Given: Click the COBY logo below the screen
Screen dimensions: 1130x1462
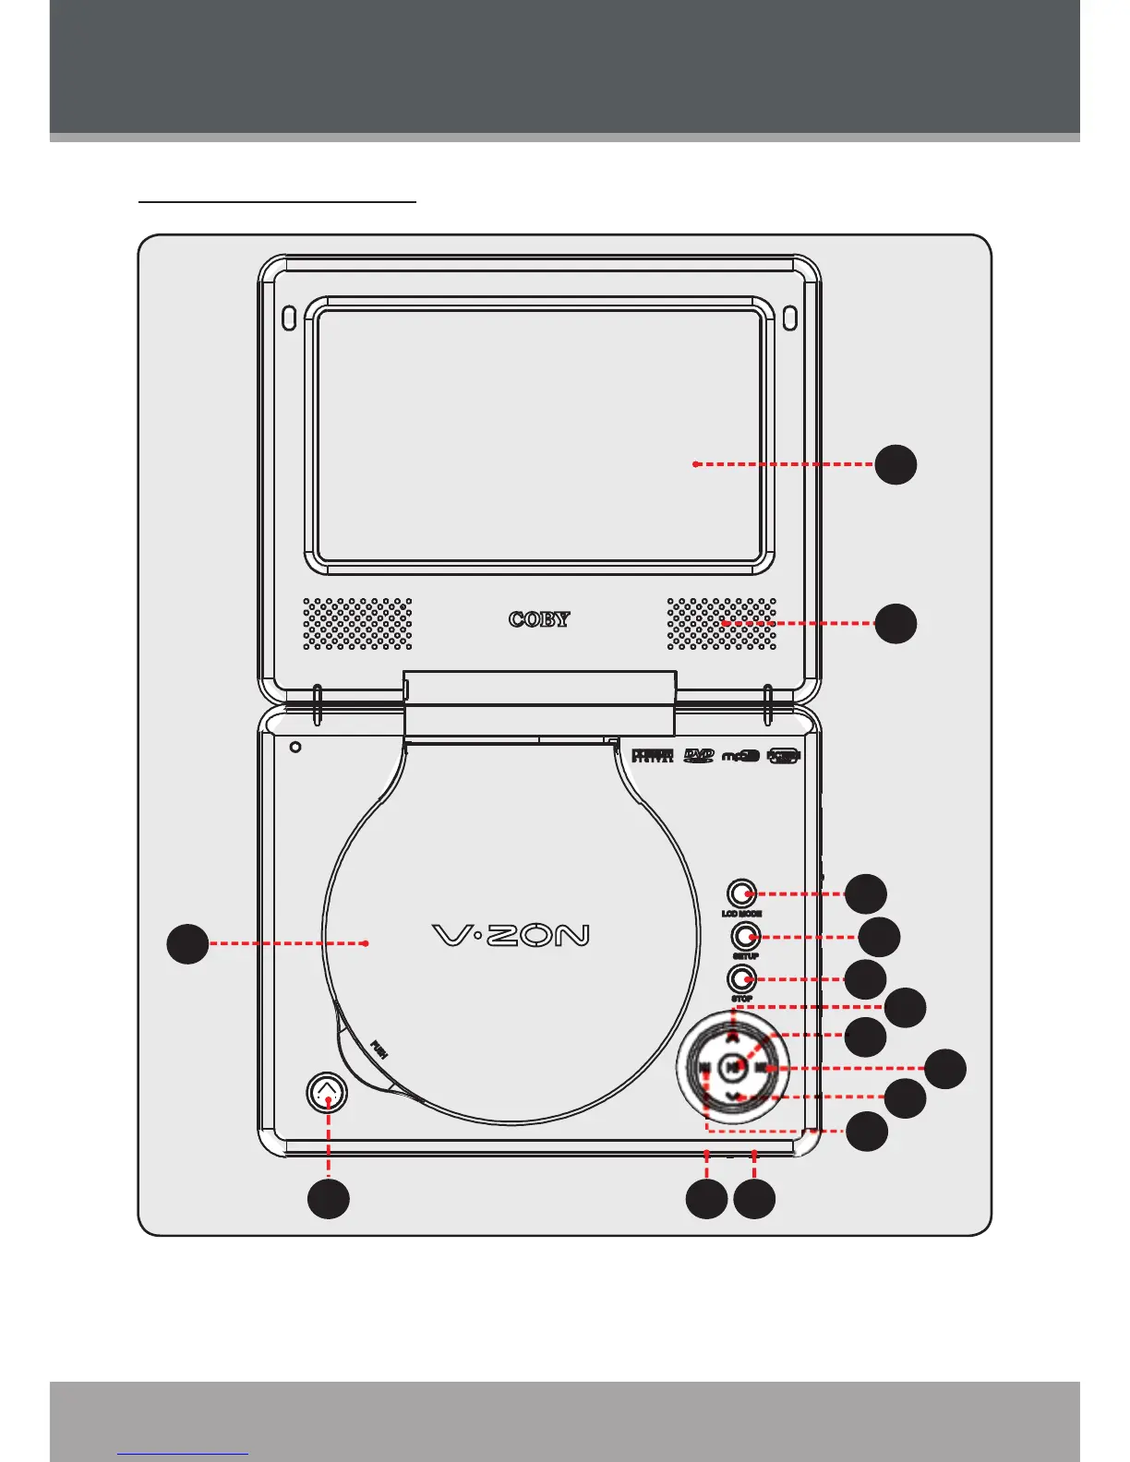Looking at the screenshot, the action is [539, 619].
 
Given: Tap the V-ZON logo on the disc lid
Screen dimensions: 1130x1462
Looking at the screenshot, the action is [511, 936].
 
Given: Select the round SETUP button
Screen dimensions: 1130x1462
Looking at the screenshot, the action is [743, 937].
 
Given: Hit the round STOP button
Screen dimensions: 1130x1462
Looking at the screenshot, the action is [742, 978].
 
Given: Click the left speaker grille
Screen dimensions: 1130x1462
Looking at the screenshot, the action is [358, 623].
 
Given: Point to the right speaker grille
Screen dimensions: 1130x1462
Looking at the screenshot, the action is [722, 623].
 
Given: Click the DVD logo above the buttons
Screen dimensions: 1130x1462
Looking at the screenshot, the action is [699, 756].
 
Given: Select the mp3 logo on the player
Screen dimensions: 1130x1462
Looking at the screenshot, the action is [740, 756].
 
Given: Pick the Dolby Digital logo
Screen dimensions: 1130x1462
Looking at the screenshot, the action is [652, 756].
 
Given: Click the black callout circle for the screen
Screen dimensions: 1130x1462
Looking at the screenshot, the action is [896, 464].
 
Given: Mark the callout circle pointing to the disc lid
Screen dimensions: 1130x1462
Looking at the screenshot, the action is [187, 943].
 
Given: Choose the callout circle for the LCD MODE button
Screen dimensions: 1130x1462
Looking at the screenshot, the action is [867, 893].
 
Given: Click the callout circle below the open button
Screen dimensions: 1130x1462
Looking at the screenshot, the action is [329, 1198].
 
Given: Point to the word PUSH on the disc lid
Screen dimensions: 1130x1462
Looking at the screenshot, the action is [379, 1049].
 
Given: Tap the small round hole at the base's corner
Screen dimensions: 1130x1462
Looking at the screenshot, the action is [295, 747].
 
